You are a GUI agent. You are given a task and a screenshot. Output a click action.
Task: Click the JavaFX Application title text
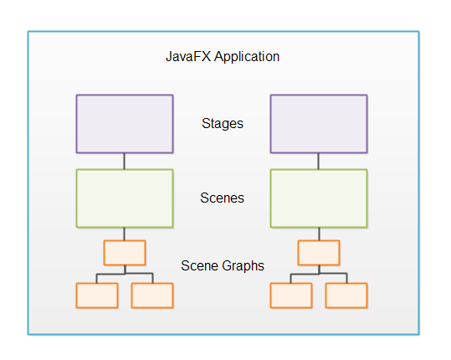(223, 58)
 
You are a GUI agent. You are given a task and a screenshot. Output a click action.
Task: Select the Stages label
(223, 124)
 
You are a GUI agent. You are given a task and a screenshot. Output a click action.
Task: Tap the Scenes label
(223, 198)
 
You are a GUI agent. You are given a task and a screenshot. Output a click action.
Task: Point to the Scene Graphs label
(223, 266)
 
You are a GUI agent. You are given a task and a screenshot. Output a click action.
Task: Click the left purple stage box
(125, 124)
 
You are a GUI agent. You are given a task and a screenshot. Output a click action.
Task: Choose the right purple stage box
(319, 124)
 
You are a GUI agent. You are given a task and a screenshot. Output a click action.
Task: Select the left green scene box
(125, 198)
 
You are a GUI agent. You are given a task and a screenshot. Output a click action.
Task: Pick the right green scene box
(319, 198)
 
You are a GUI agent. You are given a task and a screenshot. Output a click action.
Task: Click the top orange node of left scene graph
(125, 253)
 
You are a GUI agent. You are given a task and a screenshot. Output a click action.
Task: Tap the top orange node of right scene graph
(319, 253)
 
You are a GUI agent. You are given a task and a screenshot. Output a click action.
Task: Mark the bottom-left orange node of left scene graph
(97, 295)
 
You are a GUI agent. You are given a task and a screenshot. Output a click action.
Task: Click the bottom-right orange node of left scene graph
(152, 295)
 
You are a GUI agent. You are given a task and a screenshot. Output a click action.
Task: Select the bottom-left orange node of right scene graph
(291, 295)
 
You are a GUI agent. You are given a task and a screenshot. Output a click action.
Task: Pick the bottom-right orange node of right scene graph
(346, 295)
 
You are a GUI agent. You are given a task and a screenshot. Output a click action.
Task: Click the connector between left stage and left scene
(125, 162)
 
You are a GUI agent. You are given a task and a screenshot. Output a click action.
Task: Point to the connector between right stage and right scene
(319, 162)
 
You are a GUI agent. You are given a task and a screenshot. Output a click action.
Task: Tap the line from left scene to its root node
(125, 234)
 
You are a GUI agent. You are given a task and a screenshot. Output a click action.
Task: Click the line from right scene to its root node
(319, 234)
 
